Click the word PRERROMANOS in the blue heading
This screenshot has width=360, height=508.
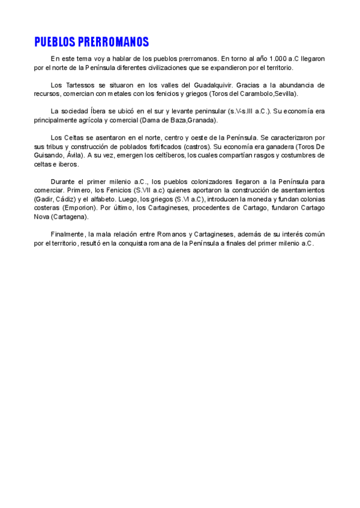(113, 42)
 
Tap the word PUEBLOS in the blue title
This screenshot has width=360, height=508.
(55, 42)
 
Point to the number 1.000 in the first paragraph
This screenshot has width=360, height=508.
(277, 59)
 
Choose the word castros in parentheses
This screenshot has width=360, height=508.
(197, 146)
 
